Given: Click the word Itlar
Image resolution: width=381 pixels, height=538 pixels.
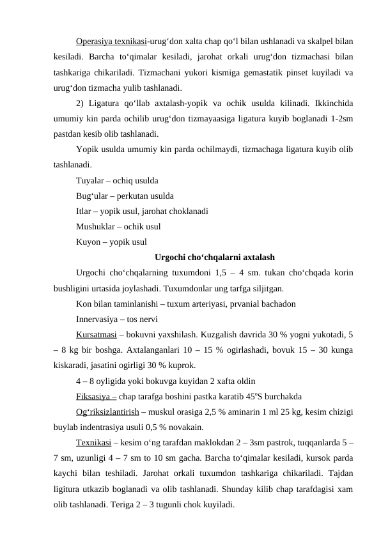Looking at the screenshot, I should [84, 211].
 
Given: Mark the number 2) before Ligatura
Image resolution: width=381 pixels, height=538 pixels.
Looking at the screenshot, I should [80, 104].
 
